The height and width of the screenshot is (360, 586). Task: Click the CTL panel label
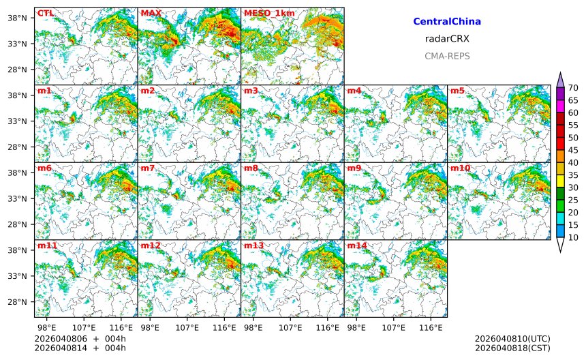click(44, 13)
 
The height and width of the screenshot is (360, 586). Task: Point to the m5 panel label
click(457, 91)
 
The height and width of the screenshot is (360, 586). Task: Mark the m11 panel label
click(46, 245)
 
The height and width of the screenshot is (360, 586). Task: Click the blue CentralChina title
click(447, 22)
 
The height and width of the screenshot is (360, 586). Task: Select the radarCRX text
click(447, 39)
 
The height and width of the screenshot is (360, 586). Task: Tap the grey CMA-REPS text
click(447, 56)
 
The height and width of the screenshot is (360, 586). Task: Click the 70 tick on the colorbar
click(573, 88)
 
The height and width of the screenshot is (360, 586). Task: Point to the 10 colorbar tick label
click(573, 237)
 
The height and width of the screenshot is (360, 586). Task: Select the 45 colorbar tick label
click(573, 150)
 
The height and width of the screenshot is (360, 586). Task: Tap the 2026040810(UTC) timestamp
click(512, 339)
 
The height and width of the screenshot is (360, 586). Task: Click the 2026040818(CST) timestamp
click(512, 348)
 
